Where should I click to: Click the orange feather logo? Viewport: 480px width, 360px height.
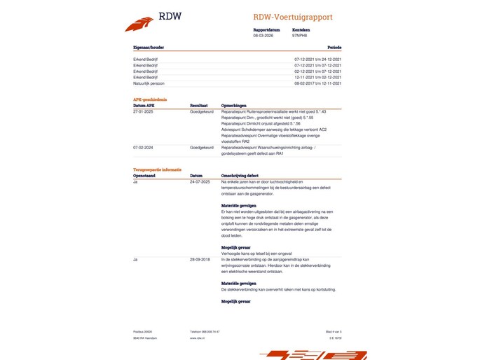pyautogui.click(x=139, y=25)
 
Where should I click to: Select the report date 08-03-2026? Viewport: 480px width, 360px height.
pyautogui.click(x=263, y=34)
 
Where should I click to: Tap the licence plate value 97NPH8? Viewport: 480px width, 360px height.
pyautogui.click(x=299, y=34)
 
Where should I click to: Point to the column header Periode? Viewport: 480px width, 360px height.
pyautogui.click(x=334, y=48)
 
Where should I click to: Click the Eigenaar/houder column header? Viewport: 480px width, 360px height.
pyautogui.click(x=149, y=48)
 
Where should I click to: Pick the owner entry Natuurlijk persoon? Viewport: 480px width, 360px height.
pyautogui.click(x=149, y=83)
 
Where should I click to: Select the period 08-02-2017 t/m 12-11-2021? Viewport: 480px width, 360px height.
pyautogui.click(x=317, y=83)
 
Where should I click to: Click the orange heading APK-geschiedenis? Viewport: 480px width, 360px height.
pyautogui.click(x=150, y=99)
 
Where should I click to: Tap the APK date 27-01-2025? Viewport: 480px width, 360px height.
pyautogui.click(x=143, y=111)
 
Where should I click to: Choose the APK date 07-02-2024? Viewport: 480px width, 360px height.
pyautogui.click(x=143, y=148)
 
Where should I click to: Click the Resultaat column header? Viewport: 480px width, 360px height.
pyautogui.click(x=200, y=105)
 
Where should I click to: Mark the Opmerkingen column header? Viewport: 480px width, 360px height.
pyautogui.click(x=235, y=105)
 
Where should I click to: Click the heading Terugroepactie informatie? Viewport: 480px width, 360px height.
pyautogui.click(x=158, y=170)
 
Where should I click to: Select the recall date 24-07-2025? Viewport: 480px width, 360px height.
pyautogui.click(x=200, y=181)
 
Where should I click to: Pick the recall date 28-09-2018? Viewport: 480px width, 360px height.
pyautogui.click(x=200, y=259)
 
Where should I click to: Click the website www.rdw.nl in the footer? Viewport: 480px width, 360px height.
pyautogui.click(x=197, y=338)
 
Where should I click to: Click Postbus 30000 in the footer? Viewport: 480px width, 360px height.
pyautogui.click(x=142, y=331)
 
